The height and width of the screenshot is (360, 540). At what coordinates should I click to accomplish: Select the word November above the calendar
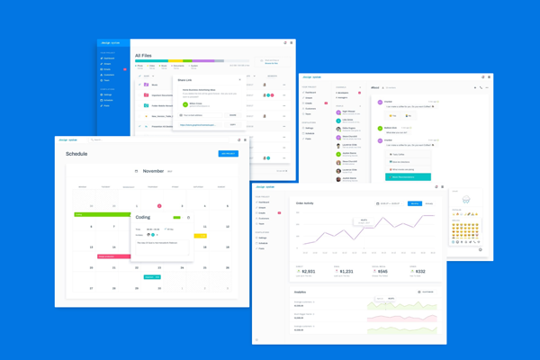click(x=153, y=170)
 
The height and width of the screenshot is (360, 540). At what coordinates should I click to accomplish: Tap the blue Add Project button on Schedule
click(x=228, y=154)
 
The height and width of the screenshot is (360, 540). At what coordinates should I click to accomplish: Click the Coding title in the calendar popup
click(x=143, y=217)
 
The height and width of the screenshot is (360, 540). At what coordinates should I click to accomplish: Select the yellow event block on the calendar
click(x=201, y=236)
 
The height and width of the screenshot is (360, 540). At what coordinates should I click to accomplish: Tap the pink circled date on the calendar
click(x=159, y=206)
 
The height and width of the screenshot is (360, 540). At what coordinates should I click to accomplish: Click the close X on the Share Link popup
click(x=240, y=80)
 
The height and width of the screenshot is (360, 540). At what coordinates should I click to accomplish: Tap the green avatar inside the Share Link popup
click(x=186, y=104)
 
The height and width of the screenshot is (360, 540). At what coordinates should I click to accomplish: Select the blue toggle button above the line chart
click(x=415, y=203)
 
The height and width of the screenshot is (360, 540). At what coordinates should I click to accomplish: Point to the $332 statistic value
click(x=419, y=271)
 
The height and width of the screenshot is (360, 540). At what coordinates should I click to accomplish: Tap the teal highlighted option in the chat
click(x=409, y=176)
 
